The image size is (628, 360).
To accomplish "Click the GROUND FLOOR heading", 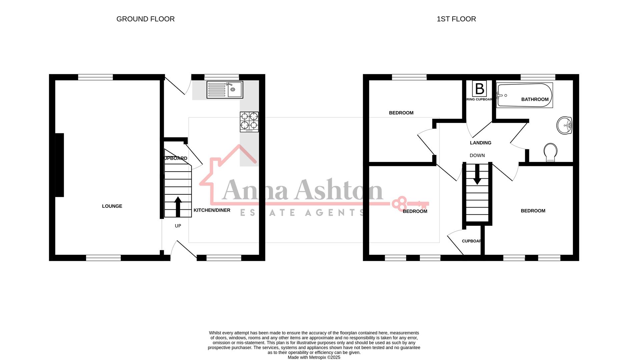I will [145, 19].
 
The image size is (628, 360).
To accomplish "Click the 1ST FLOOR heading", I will [456, 19].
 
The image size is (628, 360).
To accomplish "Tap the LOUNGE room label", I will [112, 206].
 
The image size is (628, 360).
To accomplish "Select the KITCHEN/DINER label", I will [212, 210].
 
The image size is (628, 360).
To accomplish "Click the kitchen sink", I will [225, 90].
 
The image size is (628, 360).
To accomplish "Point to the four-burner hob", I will [249, 122].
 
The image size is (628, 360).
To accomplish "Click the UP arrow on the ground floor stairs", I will [178, 207].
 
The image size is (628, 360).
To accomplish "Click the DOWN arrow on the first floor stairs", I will [477, 174].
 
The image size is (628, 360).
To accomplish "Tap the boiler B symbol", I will [479, 89].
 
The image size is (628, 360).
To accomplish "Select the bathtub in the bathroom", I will [524, 95].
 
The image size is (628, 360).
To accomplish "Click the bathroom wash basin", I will [564, 125].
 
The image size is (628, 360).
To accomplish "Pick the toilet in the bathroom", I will [550, 152].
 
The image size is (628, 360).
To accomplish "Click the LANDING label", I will [481, 143].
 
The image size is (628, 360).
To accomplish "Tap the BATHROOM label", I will [535, 99].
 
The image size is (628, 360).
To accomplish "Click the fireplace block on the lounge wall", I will [59, 165].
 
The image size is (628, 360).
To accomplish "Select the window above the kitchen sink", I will [222, 77].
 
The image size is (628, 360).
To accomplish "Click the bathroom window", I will [538, 77].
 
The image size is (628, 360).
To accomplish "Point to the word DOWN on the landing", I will [477, 155].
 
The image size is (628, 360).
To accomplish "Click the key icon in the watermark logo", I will [410, 203].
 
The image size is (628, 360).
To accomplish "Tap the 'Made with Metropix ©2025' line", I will [314, 357].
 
